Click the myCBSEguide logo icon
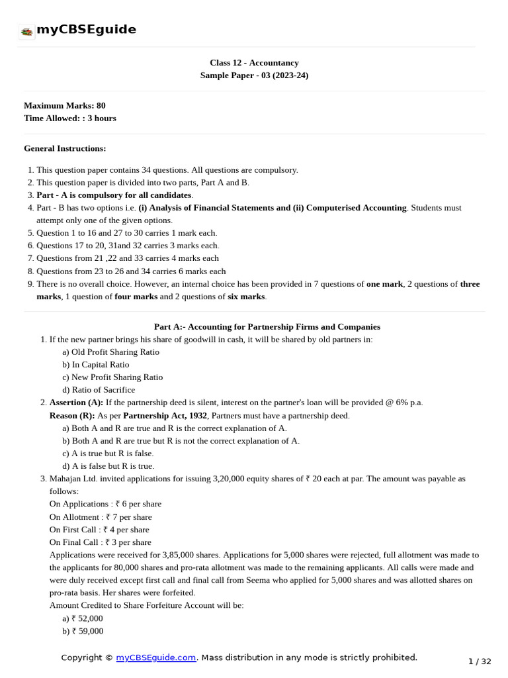coord(26,31)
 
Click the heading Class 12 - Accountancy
coord(254,63)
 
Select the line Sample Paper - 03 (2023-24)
coord(254,75)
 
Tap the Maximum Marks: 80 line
coord(64,105)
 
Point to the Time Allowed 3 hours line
coord(69,118)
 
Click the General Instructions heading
coord(65,148)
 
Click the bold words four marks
coord(135,297)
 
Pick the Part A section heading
coord(267,326)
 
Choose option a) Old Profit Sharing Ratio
coord(110,352)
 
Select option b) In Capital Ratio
coord(95,365)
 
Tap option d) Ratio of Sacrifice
coord(98,390)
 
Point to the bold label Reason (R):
coord(72,416)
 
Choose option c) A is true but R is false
coord(107,454)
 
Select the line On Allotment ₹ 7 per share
coord(101,517)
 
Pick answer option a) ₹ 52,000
coord(82,618)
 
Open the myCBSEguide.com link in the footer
coord(156,657)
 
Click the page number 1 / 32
coord(480,661)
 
